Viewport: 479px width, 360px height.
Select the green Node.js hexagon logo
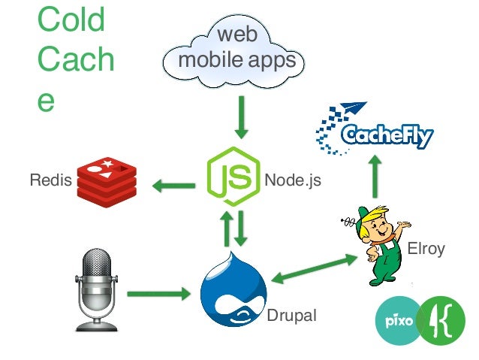click(x=233, y=178)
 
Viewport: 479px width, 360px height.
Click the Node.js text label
click(x=292, y=181)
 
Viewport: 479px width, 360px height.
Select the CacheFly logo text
click(x=387, y=136)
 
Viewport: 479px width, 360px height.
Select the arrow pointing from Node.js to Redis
click(x=173, y=183)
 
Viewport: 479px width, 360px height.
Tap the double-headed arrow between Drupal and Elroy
click(x=314, y=268)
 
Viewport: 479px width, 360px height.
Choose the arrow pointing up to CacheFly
click(x=374, y=177)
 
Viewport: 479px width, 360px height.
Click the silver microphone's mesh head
click(x=98, y=268)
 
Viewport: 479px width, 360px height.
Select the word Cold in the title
click(x=71, y=21)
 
